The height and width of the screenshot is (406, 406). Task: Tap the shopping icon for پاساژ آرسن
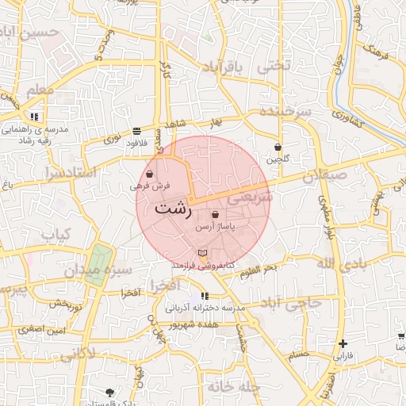tap(216, 215)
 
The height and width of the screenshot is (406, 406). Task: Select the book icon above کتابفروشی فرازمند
tap(203, 252)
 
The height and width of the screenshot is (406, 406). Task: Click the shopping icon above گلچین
tap(278, 147)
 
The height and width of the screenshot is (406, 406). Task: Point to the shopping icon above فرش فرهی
tap(150, 174)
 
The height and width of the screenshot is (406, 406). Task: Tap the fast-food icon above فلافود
tap(137, 129)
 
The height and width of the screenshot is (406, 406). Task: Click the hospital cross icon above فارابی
tap(343, 343)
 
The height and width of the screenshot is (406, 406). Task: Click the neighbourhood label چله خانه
tap(235, 386)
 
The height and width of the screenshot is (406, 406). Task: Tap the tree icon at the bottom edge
tap(109, 392)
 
